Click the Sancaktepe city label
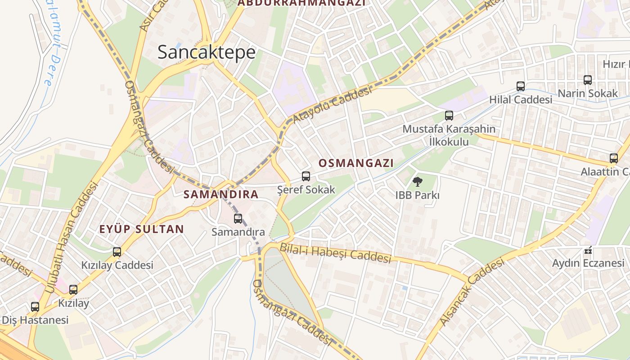[207, 53]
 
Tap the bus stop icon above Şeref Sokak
[306, 176]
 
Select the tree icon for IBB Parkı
[418, 182]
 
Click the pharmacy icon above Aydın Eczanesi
[588, 250]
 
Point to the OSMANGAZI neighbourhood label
[356, 163]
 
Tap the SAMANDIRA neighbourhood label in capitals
[221, 194]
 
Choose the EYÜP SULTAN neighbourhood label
[142, 229]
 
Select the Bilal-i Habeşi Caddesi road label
[335, 252]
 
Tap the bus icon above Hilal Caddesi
[521, 86]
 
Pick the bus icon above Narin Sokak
[588, 80]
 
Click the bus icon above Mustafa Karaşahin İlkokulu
[449, 116]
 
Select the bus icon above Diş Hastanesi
[35, 307]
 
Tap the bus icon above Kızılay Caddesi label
[117, 252]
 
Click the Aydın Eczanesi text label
[588, 263]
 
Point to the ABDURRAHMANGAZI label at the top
[301, 3]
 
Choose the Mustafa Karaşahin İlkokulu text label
[449, 135]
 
